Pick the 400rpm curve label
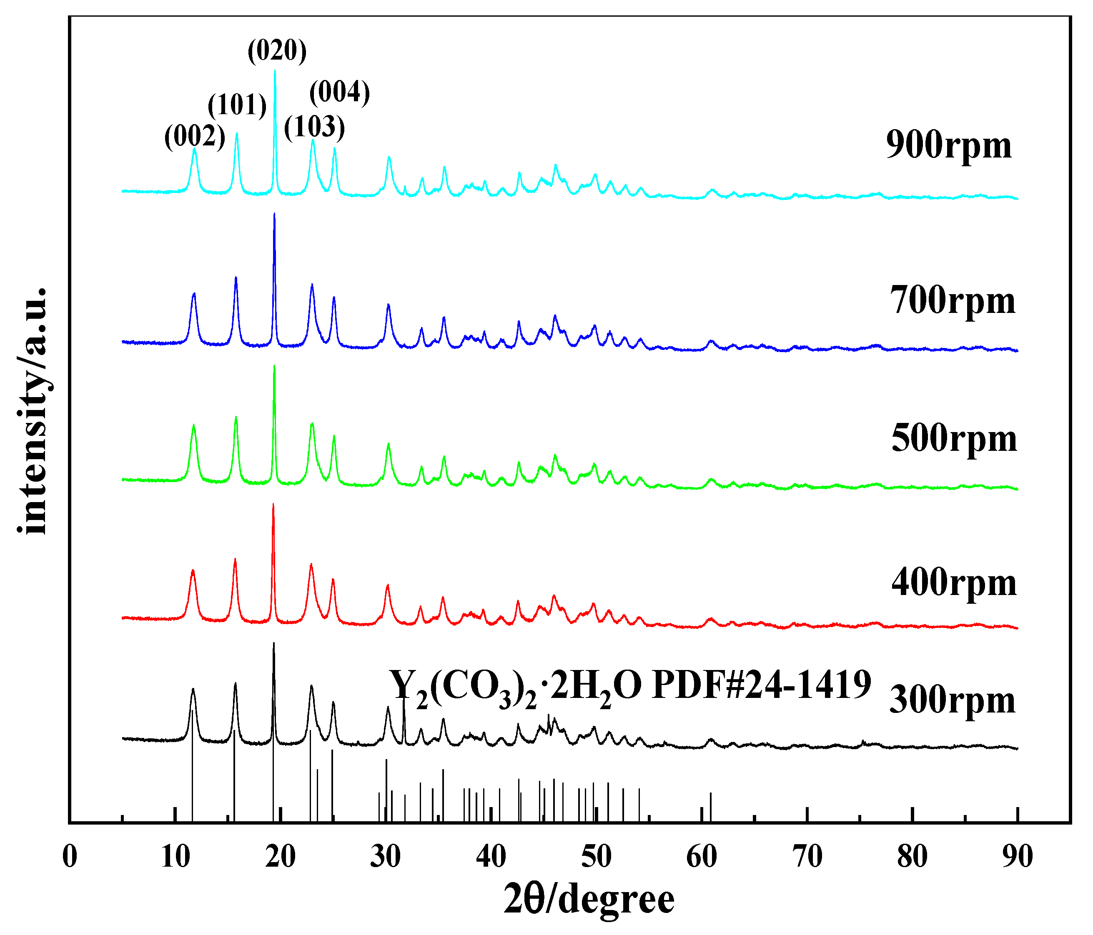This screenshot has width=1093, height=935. point(954,583)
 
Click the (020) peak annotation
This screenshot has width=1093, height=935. point(277,51)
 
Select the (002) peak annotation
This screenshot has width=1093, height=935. point(195,136)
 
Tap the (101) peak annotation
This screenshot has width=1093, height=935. point(237,105)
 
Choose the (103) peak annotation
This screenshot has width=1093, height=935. point(314,127)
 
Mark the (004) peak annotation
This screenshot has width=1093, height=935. point(339,92)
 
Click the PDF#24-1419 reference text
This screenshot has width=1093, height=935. point(630,685)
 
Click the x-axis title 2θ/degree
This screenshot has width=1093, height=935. point(589,900)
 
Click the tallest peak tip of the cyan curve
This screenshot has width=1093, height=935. point(275,71)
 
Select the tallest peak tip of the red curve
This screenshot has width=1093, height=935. point(273,505)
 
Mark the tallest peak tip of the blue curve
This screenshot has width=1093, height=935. point(274,215)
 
